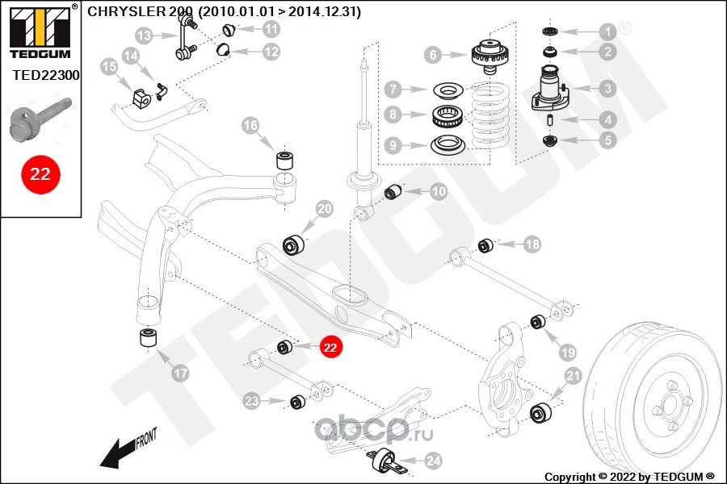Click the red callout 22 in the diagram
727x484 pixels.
coord(330,347)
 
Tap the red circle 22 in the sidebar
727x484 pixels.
coord(40,173)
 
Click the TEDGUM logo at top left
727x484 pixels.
coord(39,31)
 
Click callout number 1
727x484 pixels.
coord(606,31)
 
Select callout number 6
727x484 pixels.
coord(433,55)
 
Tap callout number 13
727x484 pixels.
coord(144,36)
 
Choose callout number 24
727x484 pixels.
coord(434,461)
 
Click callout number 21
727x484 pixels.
coord(573,374)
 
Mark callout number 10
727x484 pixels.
coord(438,192)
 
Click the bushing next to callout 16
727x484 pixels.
coord(285,158)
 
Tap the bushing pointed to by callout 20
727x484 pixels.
coord(292,244)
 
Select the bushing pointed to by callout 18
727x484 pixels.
coord(485,244)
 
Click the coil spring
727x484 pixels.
coord(491,113)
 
